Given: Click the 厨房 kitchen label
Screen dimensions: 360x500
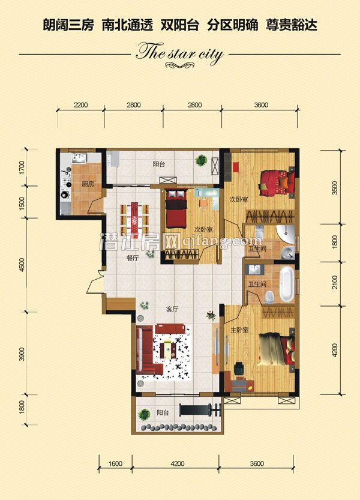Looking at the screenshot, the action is pyautogui.click(x=88, y=184).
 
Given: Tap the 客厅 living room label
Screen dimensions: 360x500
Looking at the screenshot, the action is pyautogui.click(x=172, y=309).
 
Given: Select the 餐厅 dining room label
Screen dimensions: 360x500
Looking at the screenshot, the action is pyautogui.click(x=133, y=259).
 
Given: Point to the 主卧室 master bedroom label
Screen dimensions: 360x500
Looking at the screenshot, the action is pyautogui.click(x=239, y=330).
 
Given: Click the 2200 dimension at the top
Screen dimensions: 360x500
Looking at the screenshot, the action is pyautogui.click(x=80, y=105).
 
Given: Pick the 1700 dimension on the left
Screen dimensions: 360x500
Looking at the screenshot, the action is pyautogui.click(x=22, y=167).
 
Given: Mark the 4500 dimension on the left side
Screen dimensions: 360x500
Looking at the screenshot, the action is pyautogui.click(x=22, y=265).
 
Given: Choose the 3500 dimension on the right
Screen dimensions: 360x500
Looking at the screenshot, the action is pyautogui.click(x=334, y=188).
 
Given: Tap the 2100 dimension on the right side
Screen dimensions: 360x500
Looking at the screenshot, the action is pyautogui.click(x=334, y=283).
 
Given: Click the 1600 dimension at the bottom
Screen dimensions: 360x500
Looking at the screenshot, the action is pyautogui.click(x=115, y=463).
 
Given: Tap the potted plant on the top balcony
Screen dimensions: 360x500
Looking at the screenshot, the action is pyautogui.click(x=202, y=160).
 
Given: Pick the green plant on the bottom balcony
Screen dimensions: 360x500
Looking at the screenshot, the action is pyautogui.click(x=144, y=415).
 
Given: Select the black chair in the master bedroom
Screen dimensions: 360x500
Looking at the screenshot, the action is pyautogui.click(x=239, y=369).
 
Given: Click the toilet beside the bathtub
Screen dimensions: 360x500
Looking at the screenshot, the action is pyautogui.click(x=270, y=297).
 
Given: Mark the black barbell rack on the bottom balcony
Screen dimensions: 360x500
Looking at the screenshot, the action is pyautogui.click(x=200, y=410).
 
